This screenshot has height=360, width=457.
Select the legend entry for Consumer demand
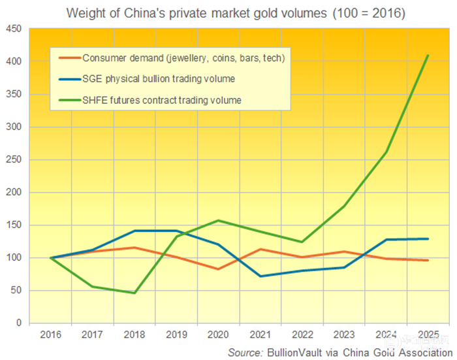point(183,58)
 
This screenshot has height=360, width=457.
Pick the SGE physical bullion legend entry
point(159,79)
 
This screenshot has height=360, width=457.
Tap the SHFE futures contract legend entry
point(162,100)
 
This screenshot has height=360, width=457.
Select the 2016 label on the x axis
point(50,335)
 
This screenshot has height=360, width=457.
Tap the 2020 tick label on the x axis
point(217,335)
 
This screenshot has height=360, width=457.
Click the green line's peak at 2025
point(428,56)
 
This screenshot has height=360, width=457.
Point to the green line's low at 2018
point(134,293)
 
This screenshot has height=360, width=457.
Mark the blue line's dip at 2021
point(260,276)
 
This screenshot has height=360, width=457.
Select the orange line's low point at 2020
point(217,269)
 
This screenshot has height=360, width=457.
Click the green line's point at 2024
point(386,152)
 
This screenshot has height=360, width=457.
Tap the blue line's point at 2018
point(134,231)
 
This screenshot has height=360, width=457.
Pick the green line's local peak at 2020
point(217,220)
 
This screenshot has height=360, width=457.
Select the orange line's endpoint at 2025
point(428,260)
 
